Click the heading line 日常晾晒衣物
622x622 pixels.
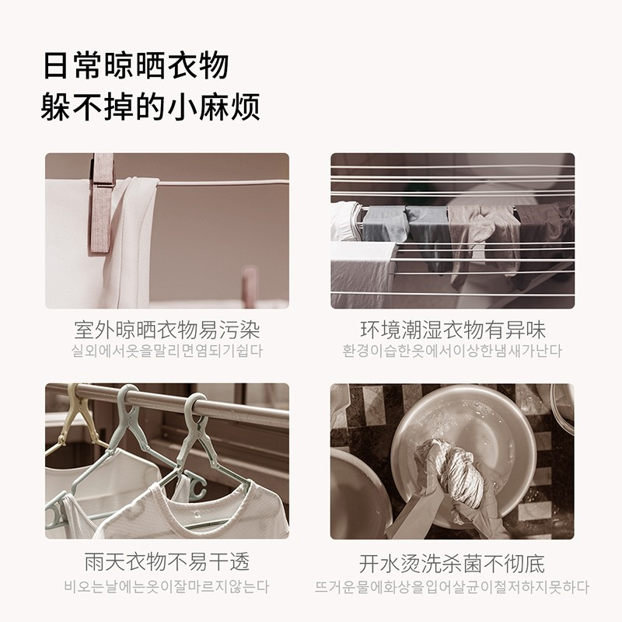point(135,65)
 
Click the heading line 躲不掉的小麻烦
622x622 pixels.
point(151,107)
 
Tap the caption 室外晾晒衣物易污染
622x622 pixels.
point(167,330)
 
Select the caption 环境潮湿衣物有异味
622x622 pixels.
point(453,330)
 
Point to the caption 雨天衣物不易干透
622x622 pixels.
point(167,561)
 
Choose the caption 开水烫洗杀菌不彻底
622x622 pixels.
point(452,564)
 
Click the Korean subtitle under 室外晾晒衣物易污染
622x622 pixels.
point(167,351)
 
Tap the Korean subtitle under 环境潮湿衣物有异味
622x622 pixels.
point(453,351)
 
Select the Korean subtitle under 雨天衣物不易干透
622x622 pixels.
point(167,587)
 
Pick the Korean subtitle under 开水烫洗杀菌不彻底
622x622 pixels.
point(453,587)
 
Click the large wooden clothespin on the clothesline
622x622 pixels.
point(102,202)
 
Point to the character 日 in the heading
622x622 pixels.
point(54,66)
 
